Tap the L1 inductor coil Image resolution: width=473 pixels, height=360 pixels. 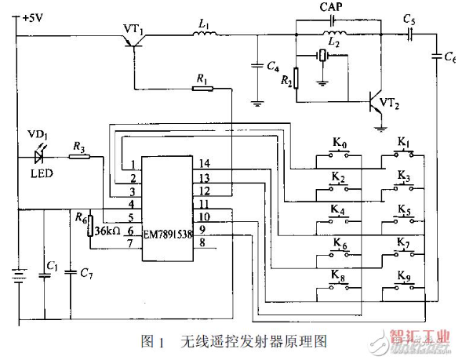[203, 36]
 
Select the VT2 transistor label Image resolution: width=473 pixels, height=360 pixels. [392, 104]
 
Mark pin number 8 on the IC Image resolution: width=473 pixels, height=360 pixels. [202, 244]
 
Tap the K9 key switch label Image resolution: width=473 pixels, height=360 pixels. [403, 277]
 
